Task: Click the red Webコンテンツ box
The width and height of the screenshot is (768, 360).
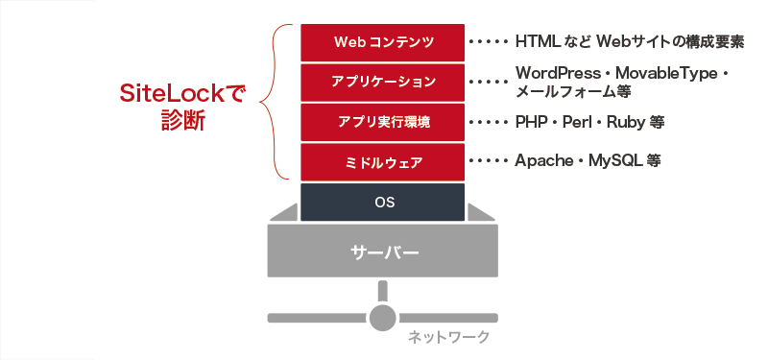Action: coord(382,42)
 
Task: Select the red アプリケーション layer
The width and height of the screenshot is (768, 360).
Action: coord(382,82)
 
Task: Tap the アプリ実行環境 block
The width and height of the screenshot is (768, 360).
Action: coord(382,122)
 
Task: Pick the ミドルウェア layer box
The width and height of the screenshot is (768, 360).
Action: coord(382,161)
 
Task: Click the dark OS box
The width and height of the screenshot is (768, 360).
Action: coord(382,202)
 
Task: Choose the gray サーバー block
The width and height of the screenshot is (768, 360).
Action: coord(383,252)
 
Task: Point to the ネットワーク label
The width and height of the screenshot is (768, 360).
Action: coord(448,336)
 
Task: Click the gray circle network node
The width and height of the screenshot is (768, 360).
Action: coord(383,317)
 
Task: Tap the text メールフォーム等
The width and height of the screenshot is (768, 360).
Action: coord(572,92)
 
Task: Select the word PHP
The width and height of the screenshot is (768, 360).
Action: coord(532,122)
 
